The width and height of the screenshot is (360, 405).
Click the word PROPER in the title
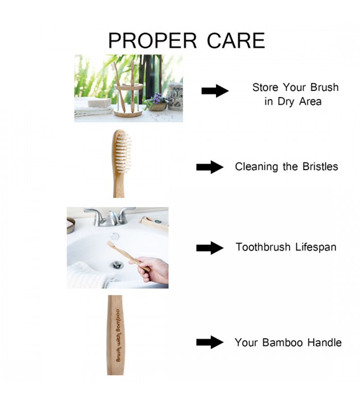[x=153, y=40]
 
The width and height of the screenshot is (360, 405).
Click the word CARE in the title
[x=236, y=40]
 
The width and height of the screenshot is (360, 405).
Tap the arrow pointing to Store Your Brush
[x=215, y=91]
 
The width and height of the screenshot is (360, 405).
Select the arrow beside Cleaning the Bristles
[x=210, y=167]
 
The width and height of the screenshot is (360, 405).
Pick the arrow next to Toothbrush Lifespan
[x=210, y=248]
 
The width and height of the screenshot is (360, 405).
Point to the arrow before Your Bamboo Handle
[x=210, y=342]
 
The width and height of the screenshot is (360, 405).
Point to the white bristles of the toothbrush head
[x=123, y=154]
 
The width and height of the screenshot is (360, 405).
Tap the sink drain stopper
[x=117, y=265]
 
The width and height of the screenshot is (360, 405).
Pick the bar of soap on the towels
[x=99, y=102]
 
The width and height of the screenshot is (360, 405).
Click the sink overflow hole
[x=114, y=235]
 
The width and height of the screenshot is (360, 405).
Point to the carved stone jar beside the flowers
[x=175, y=97]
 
